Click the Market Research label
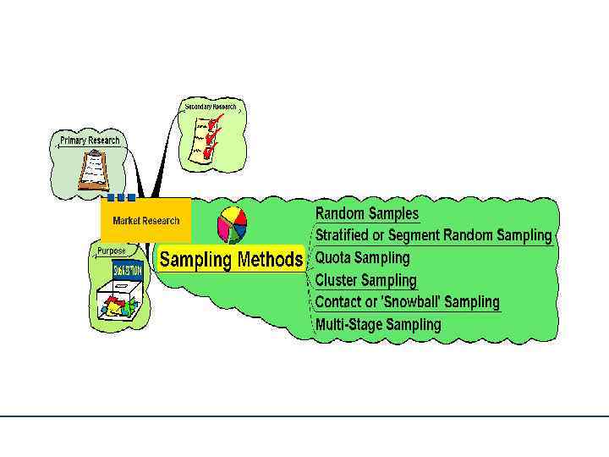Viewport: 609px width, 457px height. click(145, 221)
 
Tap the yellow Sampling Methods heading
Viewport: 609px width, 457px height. click(230, 260)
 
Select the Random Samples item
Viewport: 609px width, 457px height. click(366, 213)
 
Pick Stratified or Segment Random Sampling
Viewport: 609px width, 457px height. click(433, 235)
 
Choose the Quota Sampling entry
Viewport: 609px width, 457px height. click(362, 257)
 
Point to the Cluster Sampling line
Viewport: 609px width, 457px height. click(365, 280)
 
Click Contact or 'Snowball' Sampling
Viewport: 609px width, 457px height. click(407, 302)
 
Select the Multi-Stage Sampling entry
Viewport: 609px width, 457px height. click(378, 324)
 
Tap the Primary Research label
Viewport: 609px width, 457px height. click(90, 140)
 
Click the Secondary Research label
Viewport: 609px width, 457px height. click(211, 107)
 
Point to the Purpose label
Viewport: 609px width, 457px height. click(111, 251)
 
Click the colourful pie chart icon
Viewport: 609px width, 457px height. click(232, 225)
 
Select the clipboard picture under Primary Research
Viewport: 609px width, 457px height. click(94, 169)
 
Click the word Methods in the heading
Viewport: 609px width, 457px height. click(269, 260)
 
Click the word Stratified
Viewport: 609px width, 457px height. click(342, 235)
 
